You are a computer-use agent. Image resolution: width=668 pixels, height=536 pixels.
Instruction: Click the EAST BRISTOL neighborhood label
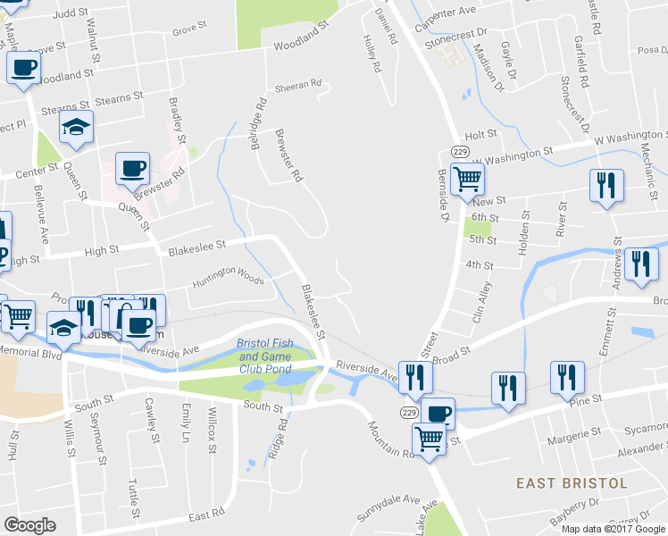point(572,483)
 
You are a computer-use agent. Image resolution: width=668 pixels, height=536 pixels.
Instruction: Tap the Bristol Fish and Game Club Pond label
point(265,356)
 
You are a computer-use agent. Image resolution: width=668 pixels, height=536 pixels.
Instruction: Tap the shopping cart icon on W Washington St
point(467,179)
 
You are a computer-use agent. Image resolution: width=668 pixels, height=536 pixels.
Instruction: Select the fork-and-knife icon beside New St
point(606,185)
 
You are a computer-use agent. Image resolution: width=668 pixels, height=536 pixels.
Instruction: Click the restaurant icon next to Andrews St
point(641,264)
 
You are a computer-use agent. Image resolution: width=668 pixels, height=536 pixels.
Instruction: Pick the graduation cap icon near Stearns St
point(77,129)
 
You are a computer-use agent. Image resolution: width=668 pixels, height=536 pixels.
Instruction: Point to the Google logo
point(29,525)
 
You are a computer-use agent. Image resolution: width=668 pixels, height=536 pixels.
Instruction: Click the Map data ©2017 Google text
point(614,528)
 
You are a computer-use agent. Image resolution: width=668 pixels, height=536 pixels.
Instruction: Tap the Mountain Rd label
point(391,437)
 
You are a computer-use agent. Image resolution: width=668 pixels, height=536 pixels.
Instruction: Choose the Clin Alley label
point(481,302)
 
